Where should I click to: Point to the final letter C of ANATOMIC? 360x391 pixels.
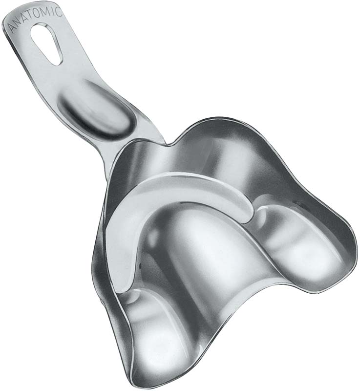(59, 12)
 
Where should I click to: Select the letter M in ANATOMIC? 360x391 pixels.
(47, 11)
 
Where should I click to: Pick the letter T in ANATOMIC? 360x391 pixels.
(32, 16)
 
